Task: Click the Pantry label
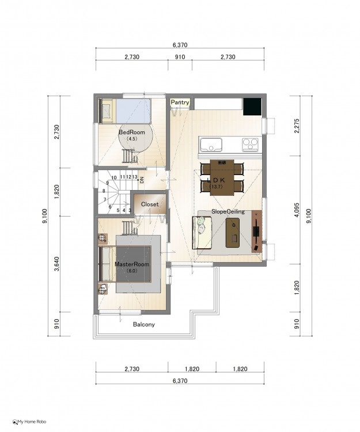point(180,103)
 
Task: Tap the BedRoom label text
point(132,132)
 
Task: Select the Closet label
point(150,204)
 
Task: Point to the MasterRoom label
point(132,264)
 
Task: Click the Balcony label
point(144,324)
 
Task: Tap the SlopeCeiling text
point(228,211)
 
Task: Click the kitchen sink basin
point(211,145)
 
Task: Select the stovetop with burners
point(250,145)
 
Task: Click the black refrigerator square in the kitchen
point(252,107)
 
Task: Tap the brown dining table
point(222,177)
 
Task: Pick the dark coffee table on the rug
point(233,233)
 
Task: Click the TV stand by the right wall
point(257,232)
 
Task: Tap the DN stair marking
point(142,180)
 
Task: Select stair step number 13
point(135,177)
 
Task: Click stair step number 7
point(105,199)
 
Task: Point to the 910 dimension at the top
point(180,57)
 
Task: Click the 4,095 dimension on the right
point(297,210)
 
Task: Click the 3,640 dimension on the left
point(57,264)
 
